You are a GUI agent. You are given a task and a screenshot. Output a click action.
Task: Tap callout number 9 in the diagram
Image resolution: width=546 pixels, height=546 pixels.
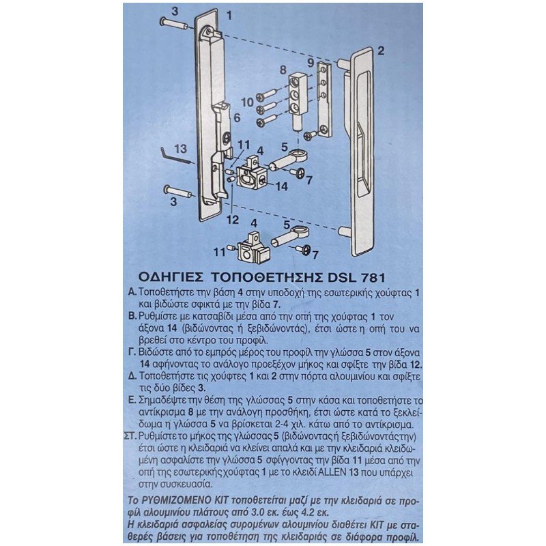coord(311,63)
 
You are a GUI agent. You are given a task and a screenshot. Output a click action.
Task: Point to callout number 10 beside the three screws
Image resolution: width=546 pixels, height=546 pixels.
coord(247,102)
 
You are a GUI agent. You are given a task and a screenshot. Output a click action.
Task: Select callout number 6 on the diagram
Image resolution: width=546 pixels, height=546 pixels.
coord(237,117)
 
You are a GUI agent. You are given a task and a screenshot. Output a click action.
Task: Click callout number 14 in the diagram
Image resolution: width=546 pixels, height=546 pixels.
coord(281,186)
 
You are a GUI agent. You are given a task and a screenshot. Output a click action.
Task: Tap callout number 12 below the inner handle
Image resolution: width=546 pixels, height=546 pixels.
coord(233,219)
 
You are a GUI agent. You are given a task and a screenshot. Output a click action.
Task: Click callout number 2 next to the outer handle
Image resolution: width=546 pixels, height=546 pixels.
coord(381,51)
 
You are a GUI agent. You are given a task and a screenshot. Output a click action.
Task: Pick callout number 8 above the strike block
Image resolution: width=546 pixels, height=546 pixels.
coord(283,70)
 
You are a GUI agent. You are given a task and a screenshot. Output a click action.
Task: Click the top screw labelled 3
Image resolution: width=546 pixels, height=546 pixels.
coord(175,24)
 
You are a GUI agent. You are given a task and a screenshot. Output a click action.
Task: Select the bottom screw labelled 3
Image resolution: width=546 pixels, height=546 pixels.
coord(179,192)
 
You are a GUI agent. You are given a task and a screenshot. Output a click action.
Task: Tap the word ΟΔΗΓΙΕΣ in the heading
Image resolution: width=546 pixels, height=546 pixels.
coord(171,278)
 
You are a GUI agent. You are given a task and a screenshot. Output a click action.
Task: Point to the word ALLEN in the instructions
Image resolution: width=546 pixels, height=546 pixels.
coord(332,472)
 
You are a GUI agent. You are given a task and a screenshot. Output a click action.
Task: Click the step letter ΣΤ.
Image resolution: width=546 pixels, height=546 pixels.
coord(130,436)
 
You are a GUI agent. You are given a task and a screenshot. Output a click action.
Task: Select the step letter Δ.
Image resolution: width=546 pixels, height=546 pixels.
coord(132,377)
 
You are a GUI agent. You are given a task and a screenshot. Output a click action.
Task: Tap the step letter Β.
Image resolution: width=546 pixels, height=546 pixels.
coord(132,317)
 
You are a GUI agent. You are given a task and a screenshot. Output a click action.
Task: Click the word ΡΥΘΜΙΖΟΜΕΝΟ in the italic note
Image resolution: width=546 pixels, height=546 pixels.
coord(185,500)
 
